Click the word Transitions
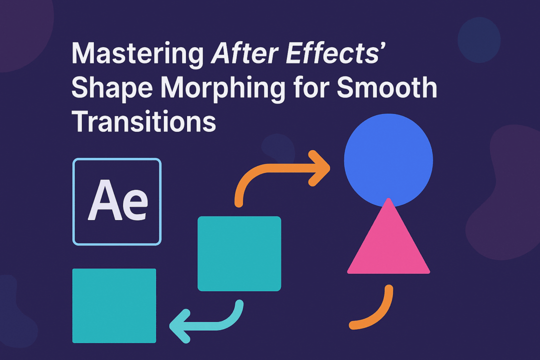point(144,121)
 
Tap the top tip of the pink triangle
point(388,200)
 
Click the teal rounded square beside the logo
point(239,253)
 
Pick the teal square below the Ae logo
point(114,305)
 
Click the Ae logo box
point(117,201)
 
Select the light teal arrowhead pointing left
point(180,326)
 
